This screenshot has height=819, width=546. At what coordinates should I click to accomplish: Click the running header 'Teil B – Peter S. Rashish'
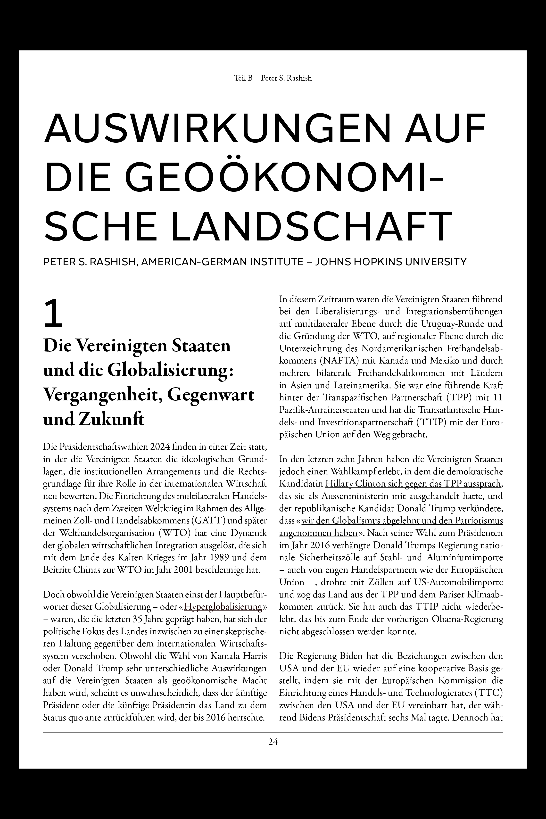(273, 78)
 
